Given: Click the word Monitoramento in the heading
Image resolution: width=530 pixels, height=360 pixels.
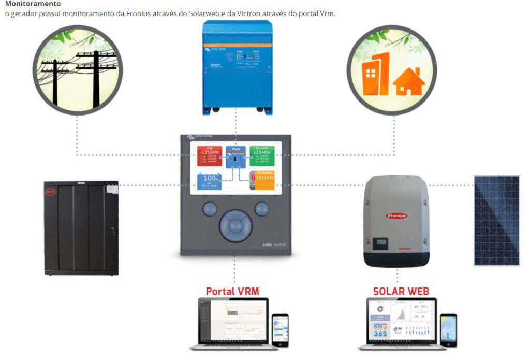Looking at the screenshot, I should pos(33,4).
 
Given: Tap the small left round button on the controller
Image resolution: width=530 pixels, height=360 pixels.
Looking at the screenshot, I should pos(209,209).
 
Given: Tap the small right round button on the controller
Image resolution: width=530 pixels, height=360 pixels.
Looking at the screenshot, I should pos(262,209).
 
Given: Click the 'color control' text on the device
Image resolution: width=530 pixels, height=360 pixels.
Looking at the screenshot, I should pos(274,244).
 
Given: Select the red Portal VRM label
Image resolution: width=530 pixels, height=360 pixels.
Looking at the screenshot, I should pos(232,291).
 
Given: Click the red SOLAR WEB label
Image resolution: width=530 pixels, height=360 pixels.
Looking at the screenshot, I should pos(401,291).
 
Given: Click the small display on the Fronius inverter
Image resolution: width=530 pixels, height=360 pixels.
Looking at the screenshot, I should pos(381,242).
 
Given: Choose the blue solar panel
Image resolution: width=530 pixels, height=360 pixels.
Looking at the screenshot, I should pos(496,221).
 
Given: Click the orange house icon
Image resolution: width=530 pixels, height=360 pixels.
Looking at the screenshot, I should pos(409,83).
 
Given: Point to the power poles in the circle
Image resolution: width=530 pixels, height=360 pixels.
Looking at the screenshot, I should pos(78,73).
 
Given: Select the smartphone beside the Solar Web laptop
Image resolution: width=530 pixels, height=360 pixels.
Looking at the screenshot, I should pos(448,329).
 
